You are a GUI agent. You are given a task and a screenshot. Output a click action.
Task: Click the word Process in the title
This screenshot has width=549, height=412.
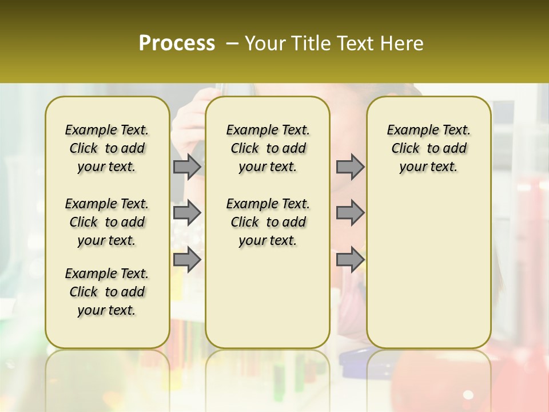(x=177, y=43)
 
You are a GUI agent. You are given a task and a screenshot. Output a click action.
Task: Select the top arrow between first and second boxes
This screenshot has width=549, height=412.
(x=187, y=167)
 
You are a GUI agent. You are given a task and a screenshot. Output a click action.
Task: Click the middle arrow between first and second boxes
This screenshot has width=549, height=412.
(x=187, y=213)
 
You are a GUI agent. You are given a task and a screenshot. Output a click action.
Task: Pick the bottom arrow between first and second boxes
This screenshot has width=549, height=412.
(x=187, y=260)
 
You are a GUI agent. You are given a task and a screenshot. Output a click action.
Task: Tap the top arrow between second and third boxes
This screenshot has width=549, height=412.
(x=350, y=167)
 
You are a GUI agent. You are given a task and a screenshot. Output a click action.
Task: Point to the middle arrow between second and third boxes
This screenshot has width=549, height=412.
(x=350, y=213)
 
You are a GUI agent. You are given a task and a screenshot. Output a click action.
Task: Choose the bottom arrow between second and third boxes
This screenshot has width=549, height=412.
(x=350, y=260)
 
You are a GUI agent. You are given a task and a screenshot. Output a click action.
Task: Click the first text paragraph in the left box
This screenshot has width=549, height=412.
(x=107, y=148)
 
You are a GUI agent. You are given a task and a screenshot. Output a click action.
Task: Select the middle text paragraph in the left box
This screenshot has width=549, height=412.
(x=107, y=222)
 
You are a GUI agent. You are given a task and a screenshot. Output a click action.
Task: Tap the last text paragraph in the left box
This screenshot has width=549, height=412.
(x=107, y=292)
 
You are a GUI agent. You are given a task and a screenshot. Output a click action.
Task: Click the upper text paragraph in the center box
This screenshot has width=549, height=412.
(x=268, y=148)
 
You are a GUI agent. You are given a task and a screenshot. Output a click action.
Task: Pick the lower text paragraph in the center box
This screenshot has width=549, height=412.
(x=268, y=222)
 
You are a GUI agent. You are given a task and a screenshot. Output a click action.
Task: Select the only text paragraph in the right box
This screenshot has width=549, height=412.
(x=429, y=148)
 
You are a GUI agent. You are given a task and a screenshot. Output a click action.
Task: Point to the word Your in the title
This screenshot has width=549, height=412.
(x=265, y=43)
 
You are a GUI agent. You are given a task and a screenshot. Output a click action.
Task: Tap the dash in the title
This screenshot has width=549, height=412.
(x=232, y=44)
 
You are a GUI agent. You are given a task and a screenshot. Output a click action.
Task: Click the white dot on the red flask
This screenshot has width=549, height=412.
(x=468, y=395)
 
